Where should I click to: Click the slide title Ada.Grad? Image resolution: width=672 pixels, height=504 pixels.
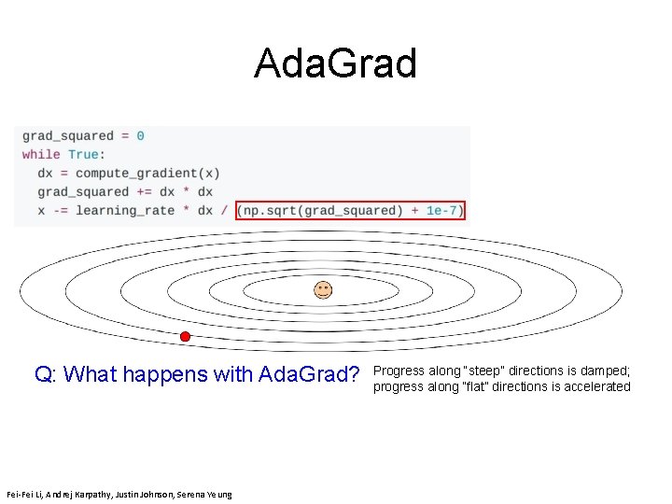335,64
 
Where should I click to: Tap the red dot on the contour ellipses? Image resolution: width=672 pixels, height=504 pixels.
185,336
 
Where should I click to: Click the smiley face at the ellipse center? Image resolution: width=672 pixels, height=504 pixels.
322,289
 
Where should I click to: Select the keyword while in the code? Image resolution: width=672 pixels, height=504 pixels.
41,154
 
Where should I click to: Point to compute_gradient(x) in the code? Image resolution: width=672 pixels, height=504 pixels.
147,173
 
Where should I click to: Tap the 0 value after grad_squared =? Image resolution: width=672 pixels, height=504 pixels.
140,135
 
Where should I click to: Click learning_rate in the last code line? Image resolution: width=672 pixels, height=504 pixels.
125,210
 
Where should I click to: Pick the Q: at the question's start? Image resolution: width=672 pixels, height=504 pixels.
47,375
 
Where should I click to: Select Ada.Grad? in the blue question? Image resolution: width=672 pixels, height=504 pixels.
309,375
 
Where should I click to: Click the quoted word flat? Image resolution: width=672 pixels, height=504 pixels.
472,386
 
